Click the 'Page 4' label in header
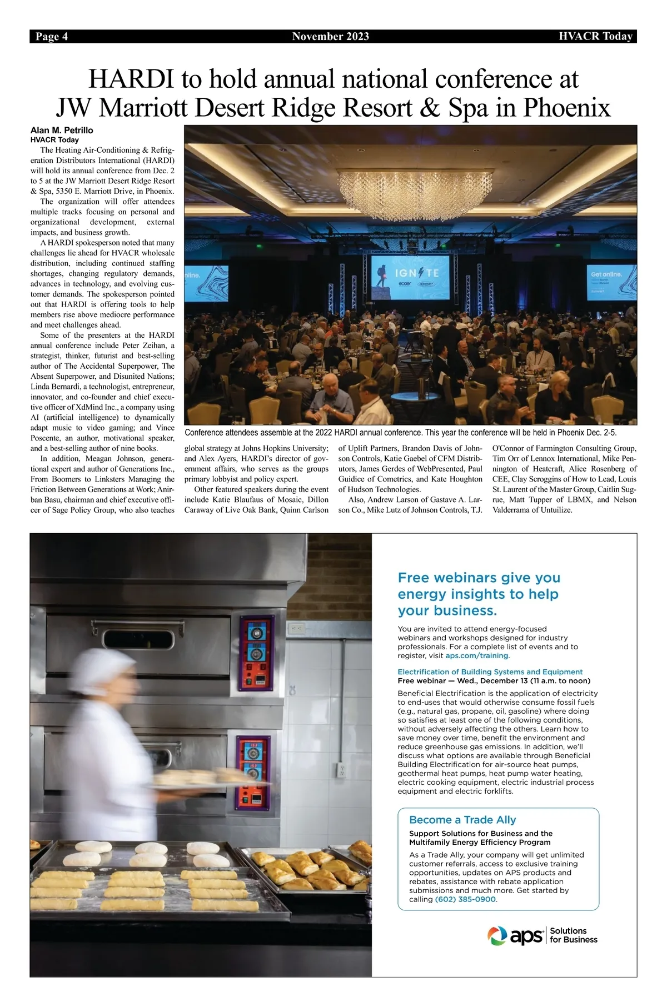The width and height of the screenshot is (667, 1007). [x=52, y=37]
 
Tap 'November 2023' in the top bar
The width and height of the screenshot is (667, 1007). [x=330, y=37]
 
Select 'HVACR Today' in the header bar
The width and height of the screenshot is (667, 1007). [x=595, y=37]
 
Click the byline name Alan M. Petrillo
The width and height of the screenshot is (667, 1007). [x=62, y=131]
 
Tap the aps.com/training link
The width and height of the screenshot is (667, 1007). [x=477, y=655]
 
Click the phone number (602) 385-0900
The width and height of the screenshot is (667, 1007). [x=465, y=899]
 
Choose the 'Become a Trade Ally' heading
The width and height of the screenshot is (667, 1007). [x=462, y=820]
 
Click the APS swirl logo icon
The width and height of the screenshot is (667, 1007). [x=497, y=935]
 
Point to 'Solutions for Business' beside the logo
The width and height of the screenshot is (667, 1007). [x=573, y=935]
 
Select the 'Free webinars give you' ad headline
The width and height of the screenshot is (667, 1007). [x=479, y=578]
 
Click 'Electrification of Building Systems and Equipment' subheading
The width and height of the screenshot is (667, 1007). [x=490, y=672]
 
